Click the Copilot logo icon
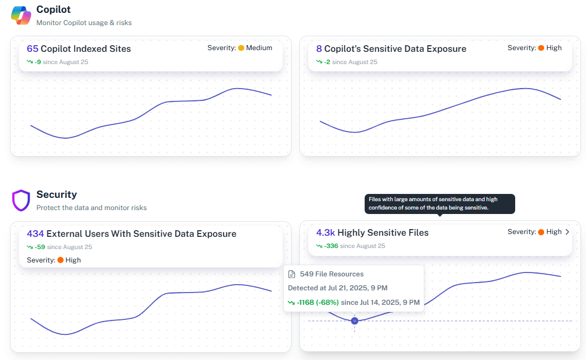tap(21, 15)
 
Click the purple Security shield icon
tap(21, 200)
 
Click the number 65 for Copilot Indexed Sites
tap(32, 49)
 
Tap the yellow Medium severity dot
tap(241, 48)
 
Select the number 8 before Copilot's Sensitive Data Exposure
tap(319, 49)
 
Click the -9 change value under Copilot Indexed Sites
tap(37, 62)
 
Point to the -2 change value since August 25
tap(327, 62)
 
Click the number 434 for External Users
tap(35, 234)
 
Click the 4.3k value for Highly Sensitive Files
tap(326, 233)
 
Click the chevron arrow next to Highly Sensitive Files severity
tap(567, 232)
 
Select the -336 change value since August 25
tap(332, 246)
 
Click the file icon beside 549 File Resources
tap(292, 274)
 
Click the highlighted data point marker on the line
tap(355, 320)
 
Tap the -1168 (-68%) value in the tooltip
tap(318, 302)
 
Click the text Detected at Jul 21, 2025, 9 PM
tap(337, 288)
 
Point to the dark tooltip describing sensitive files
tap(440, 203)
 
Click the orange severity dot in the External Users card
tap(60, 260)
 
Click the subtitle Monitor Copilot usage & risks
tap(84, 23)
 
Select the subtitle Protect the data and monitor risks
tap(91, 208)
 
